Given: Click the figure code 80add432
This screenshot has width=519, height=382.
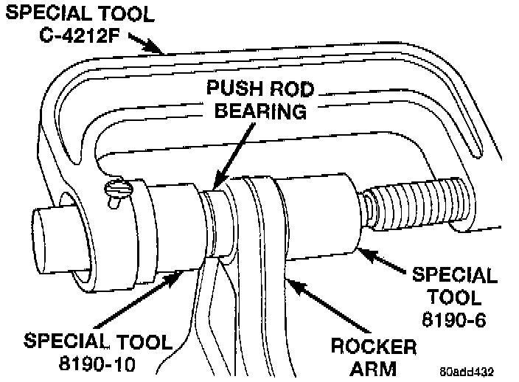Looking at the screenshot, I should click(467, 371).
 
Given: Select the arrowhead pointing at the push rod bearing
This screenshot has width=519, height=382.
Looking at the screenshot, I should click(215, 185).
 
